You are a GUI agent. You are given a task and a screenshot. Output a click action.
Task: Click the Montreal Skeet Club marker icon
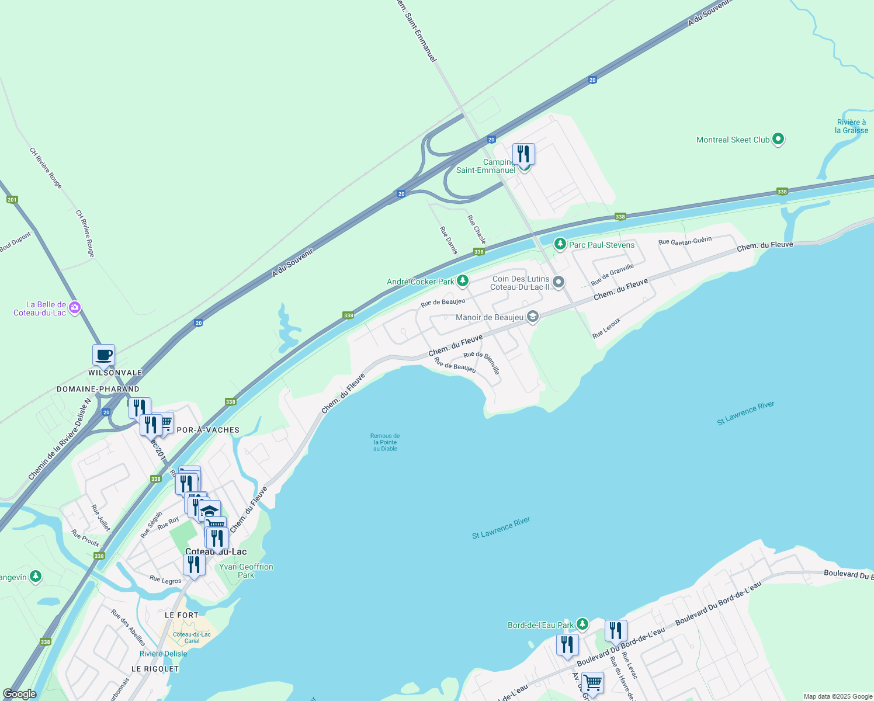pos(778,140)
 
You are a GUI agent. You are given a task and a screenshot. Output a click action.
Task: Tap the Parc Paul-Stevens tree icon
pos(560,244)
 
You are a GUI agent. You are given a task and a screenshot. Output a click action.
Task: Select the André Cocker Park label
pos(420,282)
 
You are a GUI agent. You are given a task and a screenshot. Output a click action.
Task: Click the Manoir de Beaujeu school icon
pos(532,317)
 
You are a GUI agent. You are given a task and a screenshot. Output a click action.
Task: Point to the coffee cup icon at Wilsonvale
pos(103,355)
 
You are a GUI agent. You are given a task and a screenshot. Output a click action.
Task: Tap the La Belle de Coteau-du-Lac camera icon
pos(74,307)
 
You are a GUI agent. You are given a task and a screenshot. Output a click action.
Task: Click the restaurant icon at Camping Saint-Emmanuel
pos(523,154)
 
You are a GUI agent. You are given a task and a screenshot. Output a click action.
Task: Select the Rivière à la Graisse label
pos(851,126)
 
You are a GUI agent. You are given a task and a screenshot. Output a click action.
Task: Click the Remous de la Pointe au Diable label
pos(385,442)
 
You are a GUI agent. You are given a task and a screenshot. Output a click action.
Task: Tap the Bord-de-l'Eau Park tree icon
pos(582,624)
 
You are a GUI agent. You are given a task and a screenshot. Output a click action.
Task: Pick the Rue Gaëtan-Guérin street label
pos(685,241)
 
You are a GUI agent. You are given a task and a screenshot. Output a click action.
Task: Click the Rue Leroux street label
pos(606,328)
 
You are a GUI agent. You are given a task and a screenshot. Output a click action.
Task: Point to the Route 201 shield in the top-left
pos(12,200)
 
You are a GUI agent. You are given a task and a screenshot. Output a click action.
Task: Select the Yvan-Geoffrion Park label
pos(246,571)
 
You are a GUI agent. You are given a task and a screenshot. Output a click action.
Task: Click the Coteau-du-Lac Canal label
pos(192,637)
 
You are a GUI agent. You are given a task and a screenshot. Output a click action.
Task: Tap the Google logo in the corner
pos(19,694)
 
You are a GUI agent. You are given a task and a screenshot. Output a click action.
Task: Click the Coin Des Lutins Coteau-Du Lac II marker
pos(559,283)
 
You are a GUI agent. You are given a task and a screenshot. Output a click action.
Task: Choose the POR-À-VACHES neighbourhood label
pos(208,430)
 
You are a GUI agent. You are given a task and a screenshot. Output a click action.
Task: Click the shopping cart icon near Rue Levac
pos(592,682)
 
